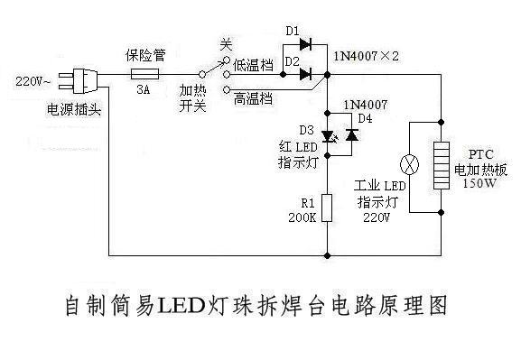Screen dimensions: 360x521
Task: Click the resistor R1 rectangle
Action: point(328,207)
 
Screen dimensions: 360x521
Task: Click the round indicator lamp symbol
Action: point(410,165)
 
